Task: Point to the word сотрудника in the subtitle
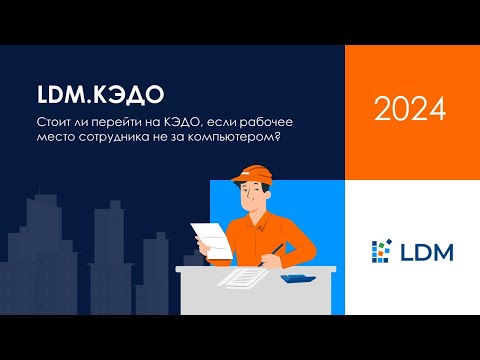tap(109, 139)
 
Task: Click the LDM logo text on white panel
tap(424, 250)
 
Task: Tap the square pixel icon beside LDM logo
tap(380, 250)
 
